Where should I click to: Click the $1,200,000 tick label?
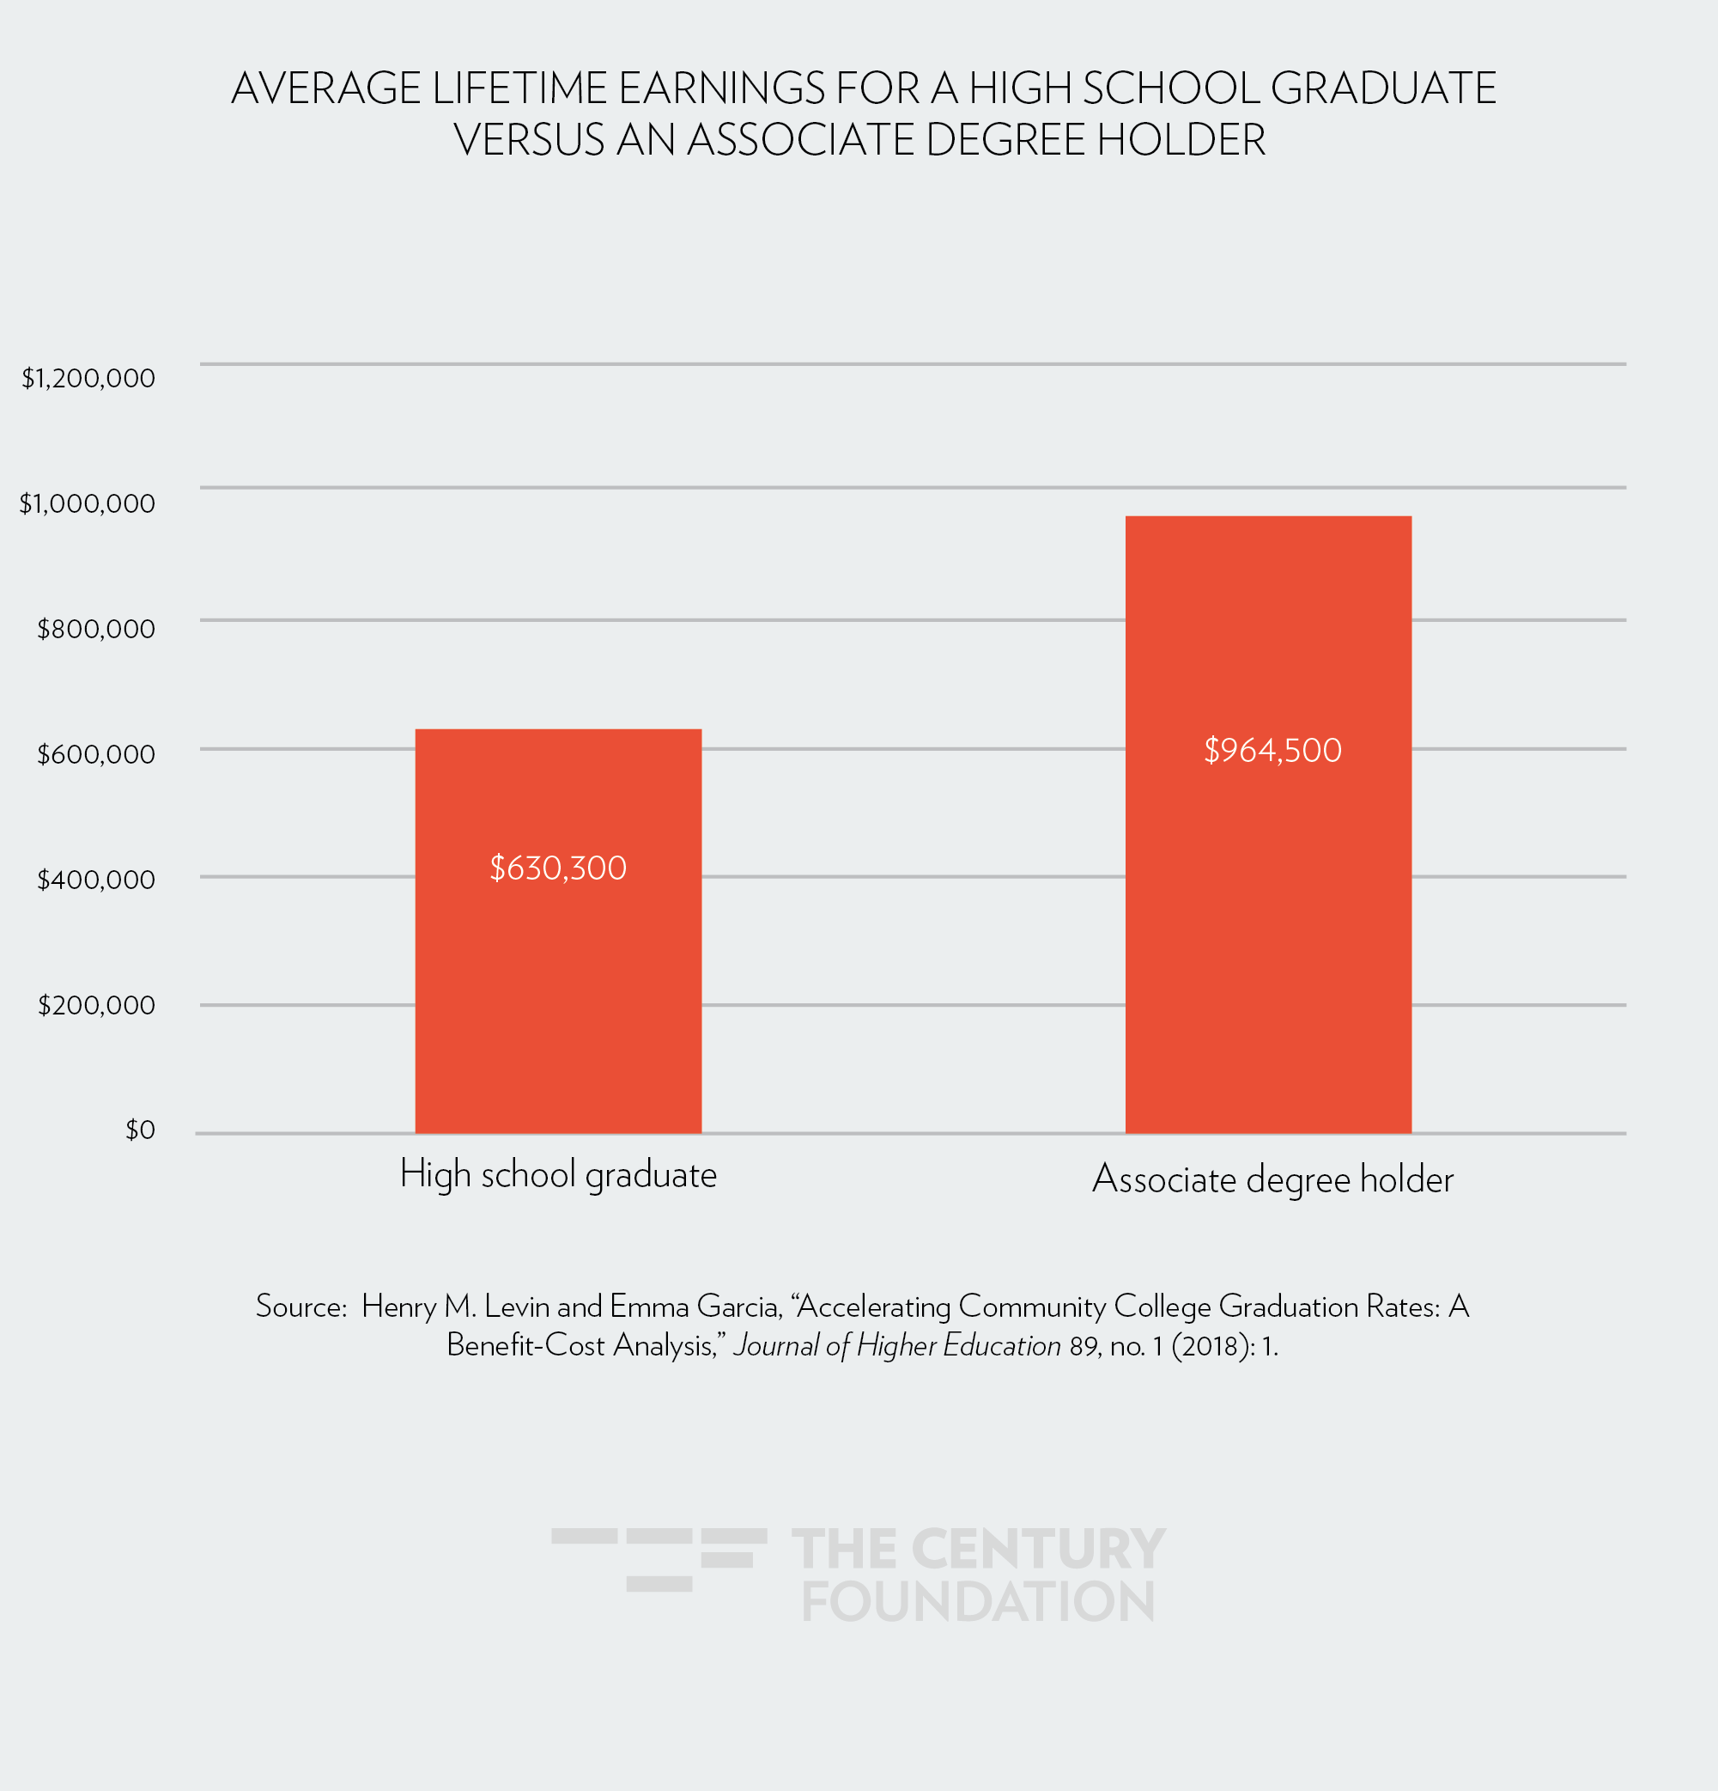tap(88, 377)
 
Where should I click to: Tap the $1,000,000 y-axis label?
tap(88, 503)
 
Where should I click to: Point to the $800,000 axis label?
tap(96, 629)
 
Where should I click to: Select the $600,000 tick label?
tap(96, 754)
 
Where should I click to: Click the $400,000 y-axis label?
tap(96, 879)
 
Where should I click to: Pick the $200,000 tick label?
tap(96, 1005)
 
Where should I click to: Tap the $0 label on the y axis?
tap(140, 1130)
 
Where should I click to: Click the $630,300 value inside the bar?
tap(558, 868)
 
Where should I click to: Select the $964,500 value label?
tap(1272, 750)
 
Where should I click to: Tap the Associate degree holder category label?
tap(1272, 1179)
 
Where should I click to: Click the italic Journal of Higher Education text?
tap(897, 1346)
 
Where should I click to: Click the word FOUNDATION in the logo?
tap(978, 1602)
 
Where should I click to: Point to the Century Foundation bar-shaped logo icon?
tap(659, 1559)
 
